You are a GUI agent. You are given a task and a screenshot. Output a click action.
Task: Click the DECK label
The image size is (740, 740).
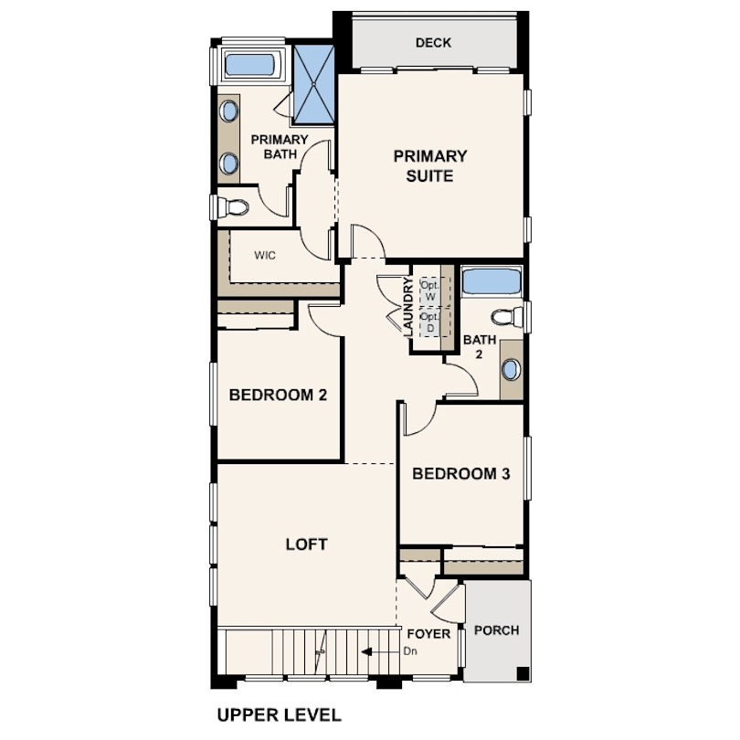point(433,43)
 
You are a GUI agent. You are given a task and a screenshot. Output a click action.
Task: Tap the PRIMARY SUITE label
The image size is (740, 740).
point(430,165)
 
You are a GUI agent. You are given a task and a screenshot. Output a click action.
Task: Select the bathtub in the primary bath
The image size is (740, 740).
point(249,65)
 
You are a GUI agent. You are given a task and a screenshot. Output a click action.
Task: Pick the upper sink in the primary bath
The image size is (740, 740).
point(229,111)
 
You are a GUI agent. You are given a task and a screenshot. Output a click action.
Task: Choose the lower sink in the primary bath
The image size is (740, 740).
point(229,163)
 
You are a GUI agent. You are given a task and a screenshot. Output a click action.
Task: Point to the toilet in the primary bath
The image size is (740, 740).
point(230,207)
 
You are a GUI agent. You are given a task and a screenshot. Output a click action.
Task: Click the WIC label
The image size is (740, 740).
point(265,255)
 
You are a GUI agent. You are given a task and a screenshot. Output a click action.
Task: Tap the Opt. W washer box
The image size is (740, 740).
point(430,291)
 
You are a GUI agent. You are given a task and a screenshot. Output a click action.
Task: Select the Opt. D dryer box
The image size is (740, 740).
point(430,322)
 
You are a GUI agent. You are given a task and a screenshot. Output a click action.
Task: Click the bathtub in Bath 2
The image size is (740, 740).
point(492,281)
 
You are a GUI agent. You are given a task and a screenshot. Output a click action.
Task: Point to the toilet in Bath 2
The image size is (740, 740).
point(507,317)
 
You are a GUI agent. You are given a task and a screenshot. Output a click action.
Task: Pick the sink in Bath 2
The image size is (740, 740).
point(511,369)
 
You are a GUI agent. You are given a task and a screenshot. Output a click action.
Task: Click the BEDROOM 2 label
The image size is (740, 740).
point(278,395)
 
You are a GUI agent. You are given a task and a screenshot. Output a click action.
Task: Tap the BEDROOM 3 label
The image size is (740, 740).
point(461,473)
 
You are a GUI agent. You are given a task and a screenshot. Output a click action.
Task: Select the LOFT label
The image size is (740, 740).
point(306,544)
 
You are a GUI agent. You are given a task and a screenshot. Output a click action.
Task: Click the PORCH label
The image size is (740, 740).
point(496,630)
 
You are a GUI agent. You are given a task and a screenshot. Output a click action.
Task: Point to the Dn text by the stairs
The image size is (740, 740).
point(410,651)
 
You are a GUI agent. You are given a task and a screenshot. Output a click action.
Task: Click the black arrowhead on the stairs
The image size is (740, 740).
point(366,652)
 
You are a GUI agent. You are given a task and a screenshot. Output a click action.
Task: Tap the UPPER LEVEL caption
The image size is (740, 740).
point(279,715)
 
